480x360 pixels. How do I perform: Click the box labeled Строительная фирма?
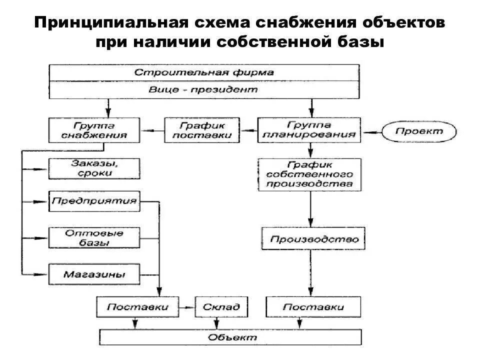[204, 72]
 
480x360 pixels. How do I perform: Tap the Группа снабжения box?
[94, 129]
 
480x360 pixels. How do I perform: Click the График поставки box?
[202, 129]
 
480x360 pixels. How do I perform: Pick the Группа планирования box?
[308, 129]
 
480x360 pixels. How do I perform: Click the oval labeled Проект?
[419, 131]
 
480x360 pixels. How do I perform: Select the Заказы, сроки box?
[94, 168]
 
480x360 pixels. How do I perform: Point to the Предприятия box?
[94, 201]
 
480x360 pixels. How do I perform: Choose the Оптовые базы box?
[94, 237]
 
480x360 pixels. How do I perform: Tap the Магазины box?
[94, 274]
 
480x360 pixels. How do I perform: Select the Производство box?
[312, 238]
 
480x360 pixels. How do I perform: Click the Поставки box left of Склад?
[137, 306]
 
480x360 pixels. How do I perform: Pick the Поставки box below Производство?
[312, 306]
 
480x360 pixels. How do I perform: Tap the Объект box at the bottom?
[231, 337]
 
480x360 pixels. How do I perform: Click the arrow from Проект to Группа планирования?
[372, 132]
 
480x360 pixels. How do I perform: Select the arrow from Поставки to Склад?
[188, 306]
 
